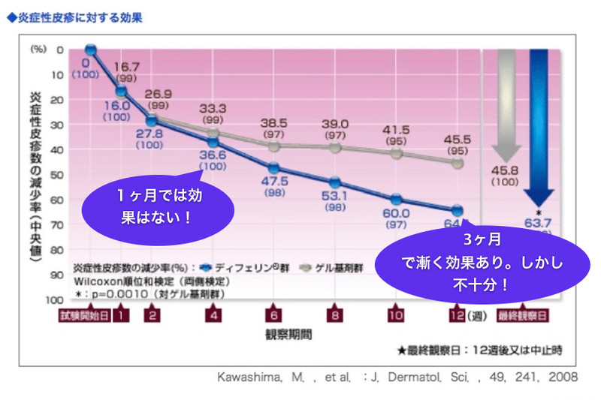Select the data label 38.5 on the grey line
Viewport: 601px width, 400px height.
(274, 122)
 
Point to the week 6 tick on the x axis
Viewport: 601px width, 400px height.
(273, 316)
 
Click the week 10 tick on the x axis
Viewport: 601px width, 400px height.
(397, 316)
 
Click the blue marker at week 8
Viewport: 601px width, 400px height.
(334, 182)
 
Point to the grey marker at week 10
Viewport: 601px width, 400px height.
(396, 153)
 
